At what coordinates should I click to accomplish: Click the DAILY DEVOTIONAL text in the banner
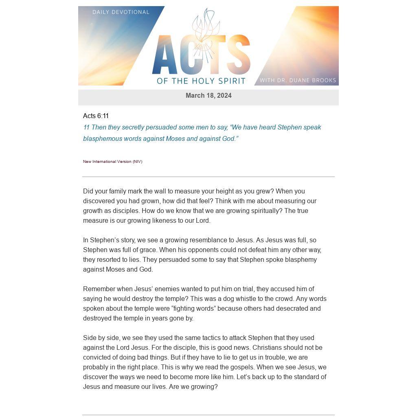point(121,12)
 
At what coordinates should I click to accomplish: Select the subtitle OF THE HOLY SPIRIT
point(201,81)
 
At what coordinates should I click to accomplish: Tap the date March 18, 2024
point(208,96)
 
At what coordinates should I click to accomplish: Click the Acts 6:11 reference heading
point(96,116)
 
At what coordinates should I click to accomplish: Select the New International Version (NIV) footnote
point(112,162)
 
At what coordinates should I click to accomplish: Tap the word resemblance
point(209,240)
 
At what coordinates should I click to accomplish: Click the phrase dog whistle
point(239,299)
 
